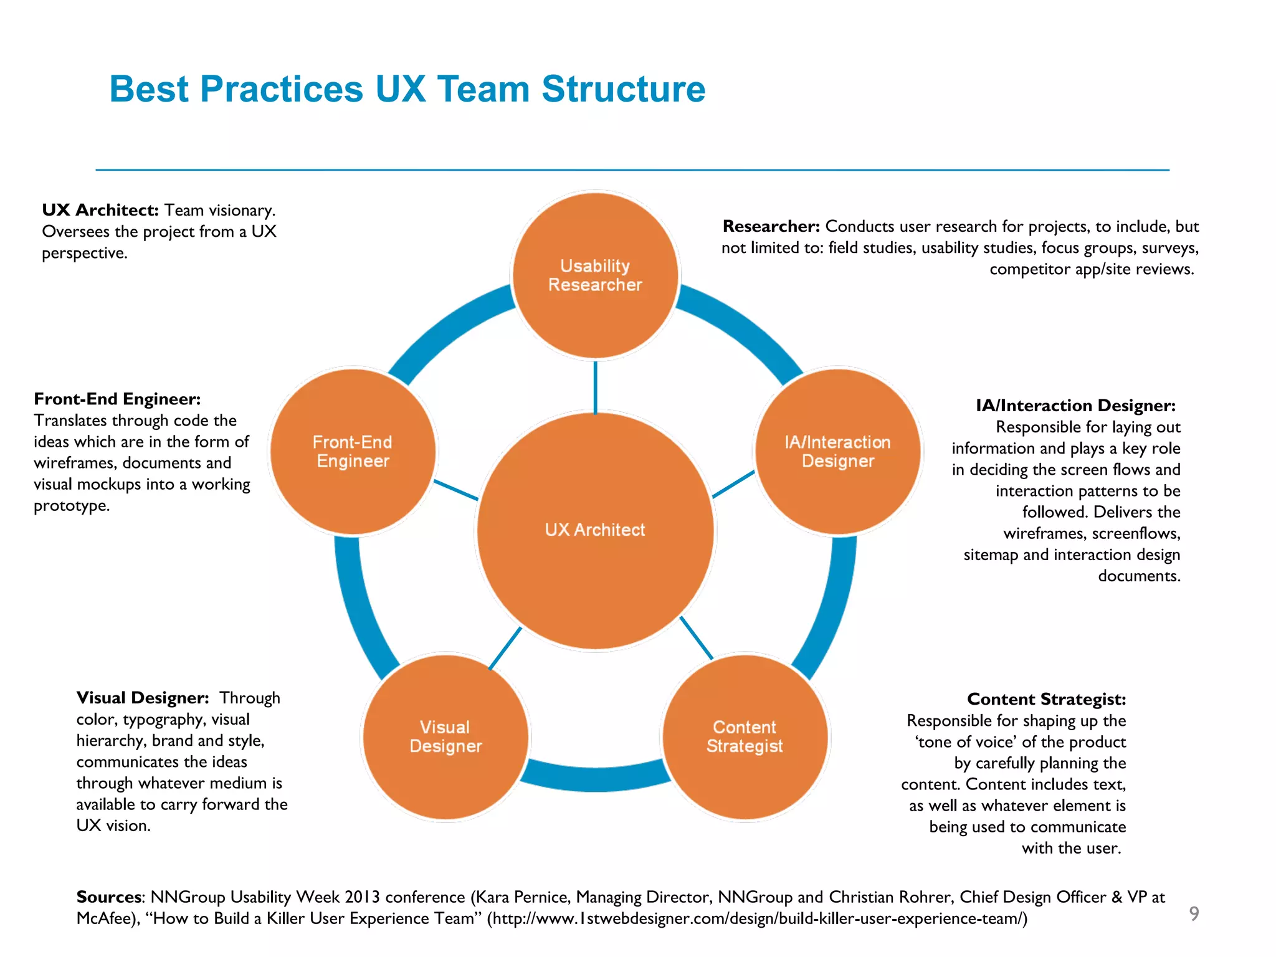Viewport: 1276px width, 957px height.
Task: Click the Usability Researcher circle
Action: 595,275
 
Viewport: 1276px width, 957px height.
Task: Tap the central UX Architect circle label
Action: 595,530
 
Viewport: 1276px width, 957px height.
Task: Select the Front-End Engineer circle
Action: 353,452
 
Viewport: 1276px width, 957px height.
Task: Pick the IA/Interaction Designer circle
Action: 837,452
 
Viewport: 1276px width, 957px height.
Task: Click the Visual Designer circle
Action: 445,737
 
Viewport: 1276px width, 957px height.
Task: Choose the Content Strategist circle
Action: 745,737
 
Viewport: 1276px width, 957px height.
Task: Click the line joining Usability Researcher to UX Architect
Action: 595,386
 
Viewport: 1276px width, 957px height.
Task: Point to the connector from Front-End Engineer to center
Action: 455,490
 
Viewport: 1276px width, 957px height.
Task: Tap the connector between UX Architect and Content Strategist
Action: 696,637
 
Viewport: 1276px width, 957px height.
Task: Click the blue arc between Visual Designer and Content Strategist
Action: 595,779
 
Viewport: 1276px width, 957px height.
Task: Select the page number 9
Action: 1194,913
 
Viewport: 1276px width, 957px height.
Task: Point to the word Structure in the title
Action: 623,89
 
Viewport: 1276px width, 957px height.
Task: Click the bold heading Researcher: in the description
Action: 771,226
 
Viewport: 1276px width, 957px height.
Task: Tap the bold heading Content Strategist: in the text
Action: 1046,699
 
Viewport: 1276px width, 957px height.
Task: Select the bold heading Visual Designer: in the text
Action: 142,698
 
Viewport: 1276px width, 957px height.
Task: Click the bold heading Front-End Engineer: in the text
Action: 117,399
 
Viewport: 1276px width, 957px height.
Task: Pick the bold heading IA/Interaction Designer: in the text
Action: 1075,406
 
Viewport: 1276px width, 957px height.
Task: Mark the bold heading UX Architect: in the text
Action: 100,210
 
